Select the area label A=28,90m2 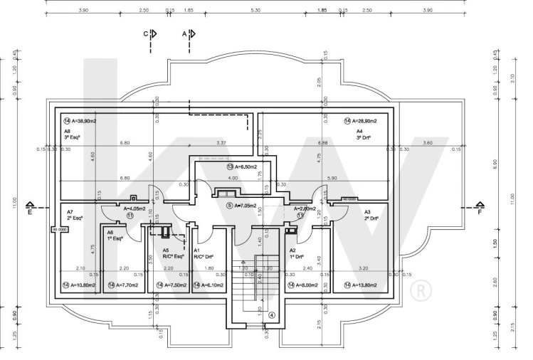point(364,121)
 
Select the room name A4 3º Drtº point(364,135)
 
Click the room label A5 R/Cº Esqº point(173,254)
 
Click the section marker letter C point(145,33)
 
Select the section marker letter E point(29,211)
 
